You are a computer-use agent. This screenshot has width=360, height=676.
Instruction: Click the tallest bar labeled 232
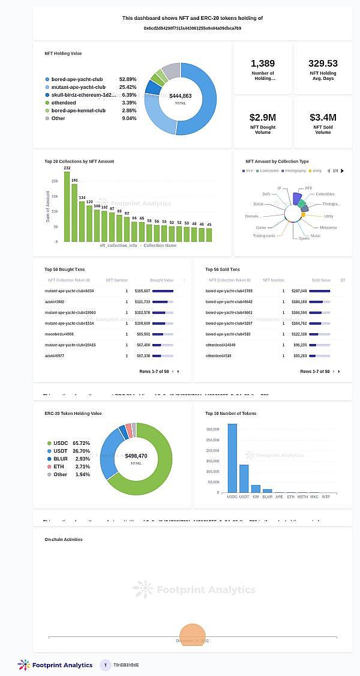[x=67, y=207]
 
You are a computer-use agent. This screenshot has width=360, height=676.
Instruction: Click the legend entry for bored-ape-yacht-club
[x=77, y=79]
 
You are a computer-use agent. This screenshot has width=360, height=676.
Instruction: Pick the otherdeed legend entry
[x=64, y=103]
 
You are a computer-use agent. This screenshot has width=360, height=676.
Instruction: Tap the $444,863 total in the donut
[x=180, y=96]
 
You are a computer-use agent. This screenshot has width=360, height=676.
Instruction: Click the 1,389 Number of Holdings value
[x=263, y=64]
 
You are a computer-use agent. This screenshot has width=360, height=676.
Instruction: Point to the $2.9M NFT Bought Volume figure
[x=263, y=118]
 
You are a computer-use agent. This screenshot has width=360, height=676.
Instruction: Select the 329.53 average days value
[x=323, y=64]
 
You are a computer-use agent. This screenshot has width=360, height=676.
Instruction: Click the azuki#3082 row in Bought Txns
[x=55, y=301]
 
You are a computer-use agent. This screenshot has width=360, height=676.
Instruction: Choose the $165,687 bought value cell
[x=142, y=291]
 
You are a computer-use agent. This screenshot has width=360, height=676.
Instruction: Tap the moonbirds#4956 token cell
[x=59, y=334]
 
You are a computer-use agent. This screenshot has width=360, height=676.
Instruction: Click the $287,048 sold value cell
[x=299, y=291]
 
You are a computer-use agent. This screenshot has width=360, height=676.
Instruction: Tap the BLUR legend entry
[x=61, y=459]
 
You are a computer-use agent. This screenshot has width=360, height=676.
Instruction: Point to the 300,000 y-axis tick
[x=212, y=429]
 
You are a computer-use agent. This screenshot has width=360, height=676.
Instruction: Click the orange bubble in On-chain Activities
[x=193, y=636]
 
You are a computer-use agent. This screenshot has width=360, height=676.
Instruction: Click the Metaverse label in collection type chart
[x=328, y=228]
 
